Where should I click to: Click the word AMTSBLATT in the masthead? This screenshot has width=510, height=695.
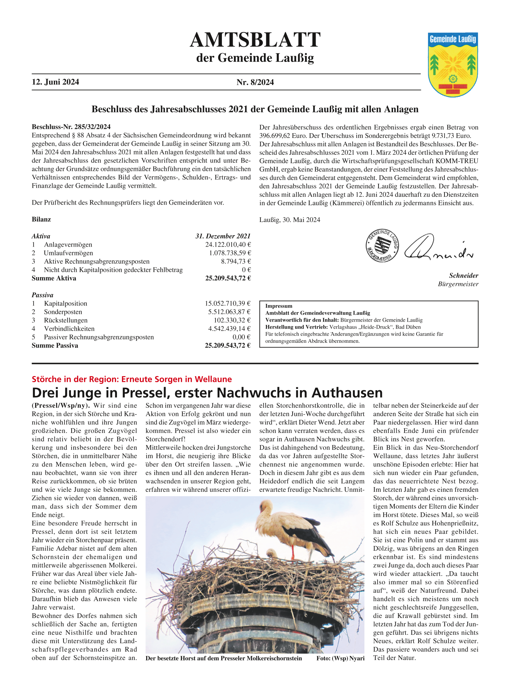point(255,40)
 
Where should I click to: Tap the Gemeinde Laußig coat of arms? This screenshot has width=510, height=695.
point(453,65)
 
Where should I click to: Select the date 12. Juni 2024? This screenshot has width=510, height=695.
point(55,82)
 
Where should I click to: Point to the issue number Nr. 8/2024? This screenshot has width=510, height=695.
point(255,82)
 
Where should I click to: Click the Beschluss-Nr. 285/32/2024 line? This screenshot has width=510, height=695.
point(71,127)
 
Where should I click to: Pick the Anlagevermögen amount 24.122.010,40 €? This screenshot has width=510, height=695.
point(228,245)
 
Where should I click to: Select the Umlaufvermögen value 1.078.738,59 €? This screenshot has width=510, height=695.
point(230,253)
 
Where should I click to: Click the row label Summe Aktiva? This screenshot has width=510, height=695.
point(54,278)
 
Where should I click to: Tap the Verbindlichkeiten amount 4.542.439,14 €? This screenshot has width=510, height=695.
point(229,329)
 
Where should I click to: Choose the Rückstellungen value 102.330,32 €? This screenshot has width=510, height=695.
point(232,320)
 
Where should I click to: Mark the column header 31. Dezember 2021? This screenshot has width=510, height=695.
point(223,236)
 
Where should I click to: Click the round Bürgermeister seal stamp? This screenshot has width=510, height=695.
point(382,246)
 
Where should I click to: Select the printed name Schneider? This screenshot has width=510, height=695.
point(464,276)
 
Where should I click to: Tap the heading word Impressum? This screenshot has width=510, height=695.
point(279,306)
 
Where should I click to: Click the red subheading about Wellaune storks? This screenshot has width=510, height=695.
point(132,379)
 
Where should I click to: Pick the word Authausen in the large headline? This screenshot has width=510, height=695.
point(347,393)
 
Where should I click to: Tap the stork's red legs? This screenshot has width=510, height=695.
point(293,551)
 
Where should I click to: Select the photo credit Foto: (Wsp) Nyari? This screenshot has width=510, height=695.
point(340,658)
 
